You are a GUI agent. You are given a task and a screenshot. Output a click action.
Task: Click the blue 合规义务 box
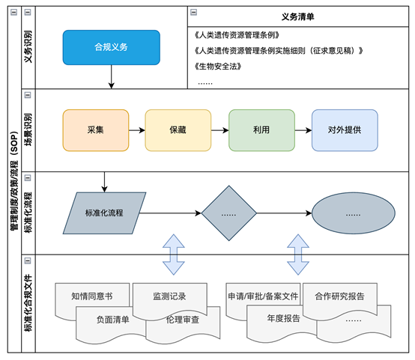pos(111,47)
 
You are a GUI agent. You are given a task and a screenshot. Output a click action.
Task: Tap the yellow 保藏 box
pos(177,129)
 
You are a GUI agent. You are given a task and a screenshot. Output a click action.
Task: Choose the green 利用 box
pos(260,129)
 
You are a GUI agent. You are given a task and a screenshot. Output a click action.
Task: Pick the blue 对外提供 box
pos(344,129)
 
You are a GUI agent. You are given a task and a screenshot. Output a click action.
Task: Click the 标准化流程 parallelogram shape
pos(104,212)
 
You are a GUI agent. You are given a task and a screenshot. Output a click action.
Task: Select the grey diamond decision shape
pos(230,212)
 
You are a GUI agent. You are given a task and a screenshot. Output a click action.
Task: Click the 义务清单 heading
pos(297,16)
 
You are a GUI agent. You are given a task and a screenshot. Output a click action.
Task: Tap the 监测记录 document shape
pos(169,296)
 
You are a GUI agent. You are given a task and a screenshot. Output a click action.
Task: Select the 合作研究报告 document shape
pos(341,296)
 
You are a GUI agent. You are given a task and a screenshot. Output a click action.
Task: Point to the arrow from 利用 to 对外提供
pos(302,129)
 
